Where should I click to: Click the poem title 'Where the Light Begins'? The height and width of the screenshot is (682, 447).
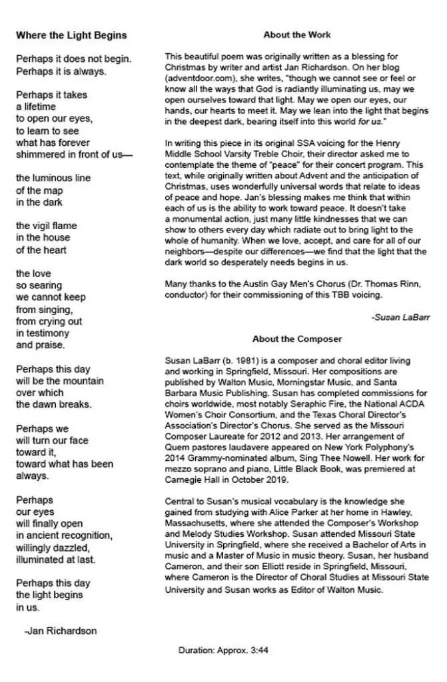pyautogui.click(x=71, y=35)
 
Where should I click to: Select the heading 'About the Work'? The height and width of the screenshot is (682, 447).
pyautogui.click(x=296, y=35)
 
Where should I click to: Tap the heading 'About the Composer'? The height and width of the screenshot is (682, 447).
pyautogui.click(x=296, y=339)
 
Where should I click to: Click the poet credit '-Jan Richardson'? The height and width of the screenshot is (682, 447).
pyautogui.click(x=60, y=631)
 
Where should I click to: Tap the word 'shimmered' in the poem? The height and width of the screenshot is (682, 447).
pyautogui.click(x=40, y=155)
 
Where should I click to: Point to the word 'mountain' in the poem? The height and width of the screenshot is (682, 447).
pyautogui.click(x=85, y=381)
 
